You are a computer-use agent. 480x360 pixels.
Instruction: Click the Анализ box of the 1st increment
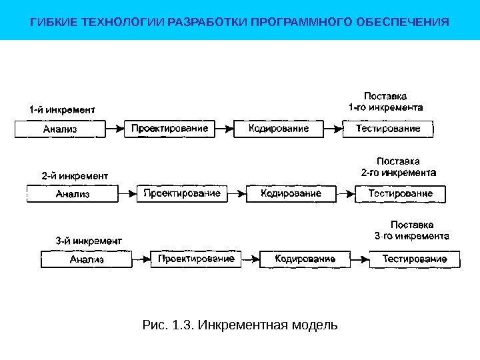(61, 129)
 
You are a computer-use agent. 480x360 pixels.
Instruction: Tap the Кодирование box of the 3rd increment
(305, 259)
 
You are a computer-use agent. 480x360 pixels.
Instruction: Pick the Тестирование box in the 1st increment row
(388, 129)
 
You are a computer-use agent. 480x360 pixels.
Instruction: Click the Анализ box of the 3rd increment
(87, 259)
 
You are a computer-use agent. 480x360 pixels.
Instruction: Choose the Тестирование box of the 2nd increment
(401, 193)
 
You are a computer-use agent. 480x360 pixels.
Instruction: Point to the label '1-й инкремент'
(61, 109)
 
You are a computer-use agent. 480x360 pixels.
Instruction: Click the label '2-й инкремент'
(75, 176)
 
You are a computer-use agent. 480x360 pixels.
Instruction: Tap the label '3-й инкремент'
(89, 241)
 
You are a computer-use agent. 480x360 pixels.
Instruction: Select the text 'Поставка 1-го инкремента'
(386, 101)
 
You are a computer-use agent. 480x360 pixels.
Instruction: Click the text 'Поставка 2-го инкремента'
(399, 167)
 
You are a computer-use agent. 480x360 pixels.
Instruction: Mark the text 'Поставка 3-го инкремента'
(411, 231)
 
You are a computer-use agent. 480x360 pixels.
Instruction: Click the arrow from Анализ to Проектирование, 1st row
(115, 128)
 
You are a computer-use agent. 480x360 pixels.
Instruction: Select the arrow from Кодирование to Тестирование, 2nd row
(343, 193)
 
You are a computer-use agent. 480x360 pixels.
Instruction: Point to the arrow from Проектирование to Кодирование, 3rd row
(247, 258)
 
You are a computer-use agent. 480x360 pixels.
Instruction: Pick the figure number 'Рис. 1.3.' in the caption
(160, 325)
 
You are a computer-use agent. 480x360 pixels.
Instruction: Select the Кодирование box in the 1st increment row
(279, 129)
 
